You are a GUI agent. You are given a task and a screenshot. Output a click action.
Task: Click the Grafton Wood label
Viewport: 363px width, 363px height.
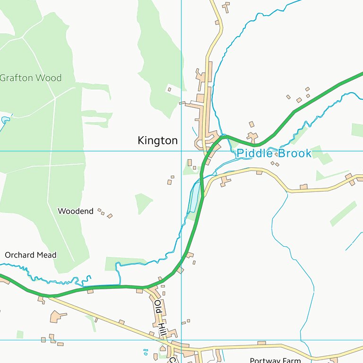coord(30,78)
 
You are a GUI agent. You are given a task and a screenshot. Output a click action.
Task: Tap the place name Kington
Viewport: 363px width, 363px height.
coord(157,140)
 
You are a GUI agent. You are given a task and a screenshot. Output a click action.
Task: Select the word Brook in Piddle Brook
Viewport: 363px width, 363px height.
coord(294,153)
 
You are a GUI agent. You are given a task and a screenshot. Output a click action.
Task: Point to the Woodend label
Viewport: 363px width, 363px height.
coord(75,211)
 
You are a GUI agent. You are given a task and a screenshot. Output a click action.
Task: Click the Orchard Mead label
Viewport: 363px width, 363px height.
coord(30,255)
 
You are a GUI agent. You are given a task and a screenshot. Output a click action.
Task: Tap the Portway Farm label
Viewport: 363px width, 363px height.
coord(275,360)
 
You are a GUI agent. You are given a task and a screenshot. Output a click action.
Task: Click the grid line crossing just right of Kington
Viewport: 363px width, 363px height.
coord(181,151)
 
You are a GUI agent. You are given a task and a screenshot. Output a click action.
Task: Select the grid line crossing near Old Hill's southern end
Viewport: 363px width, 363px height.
coord(181,340)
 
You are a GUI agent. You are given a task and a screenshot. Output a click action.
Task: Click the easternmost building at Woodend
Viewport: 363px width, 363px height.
coord(110,216)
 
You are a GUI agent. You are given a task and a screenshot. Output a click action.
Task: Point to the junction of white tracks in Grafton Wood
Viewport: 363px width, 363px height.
coord(55,99)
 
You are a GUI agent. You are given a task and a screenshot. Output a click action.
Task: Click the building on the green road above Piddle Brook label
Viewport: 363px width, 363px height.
coord(253,137)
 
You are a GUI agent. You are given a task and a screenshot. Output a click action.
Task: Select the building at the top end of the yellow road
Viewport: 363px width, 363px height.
coord(226,7)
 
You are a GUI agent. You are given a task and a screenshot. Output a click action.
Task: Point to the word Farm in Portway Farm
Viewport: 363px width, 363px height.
coord(290,360)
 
